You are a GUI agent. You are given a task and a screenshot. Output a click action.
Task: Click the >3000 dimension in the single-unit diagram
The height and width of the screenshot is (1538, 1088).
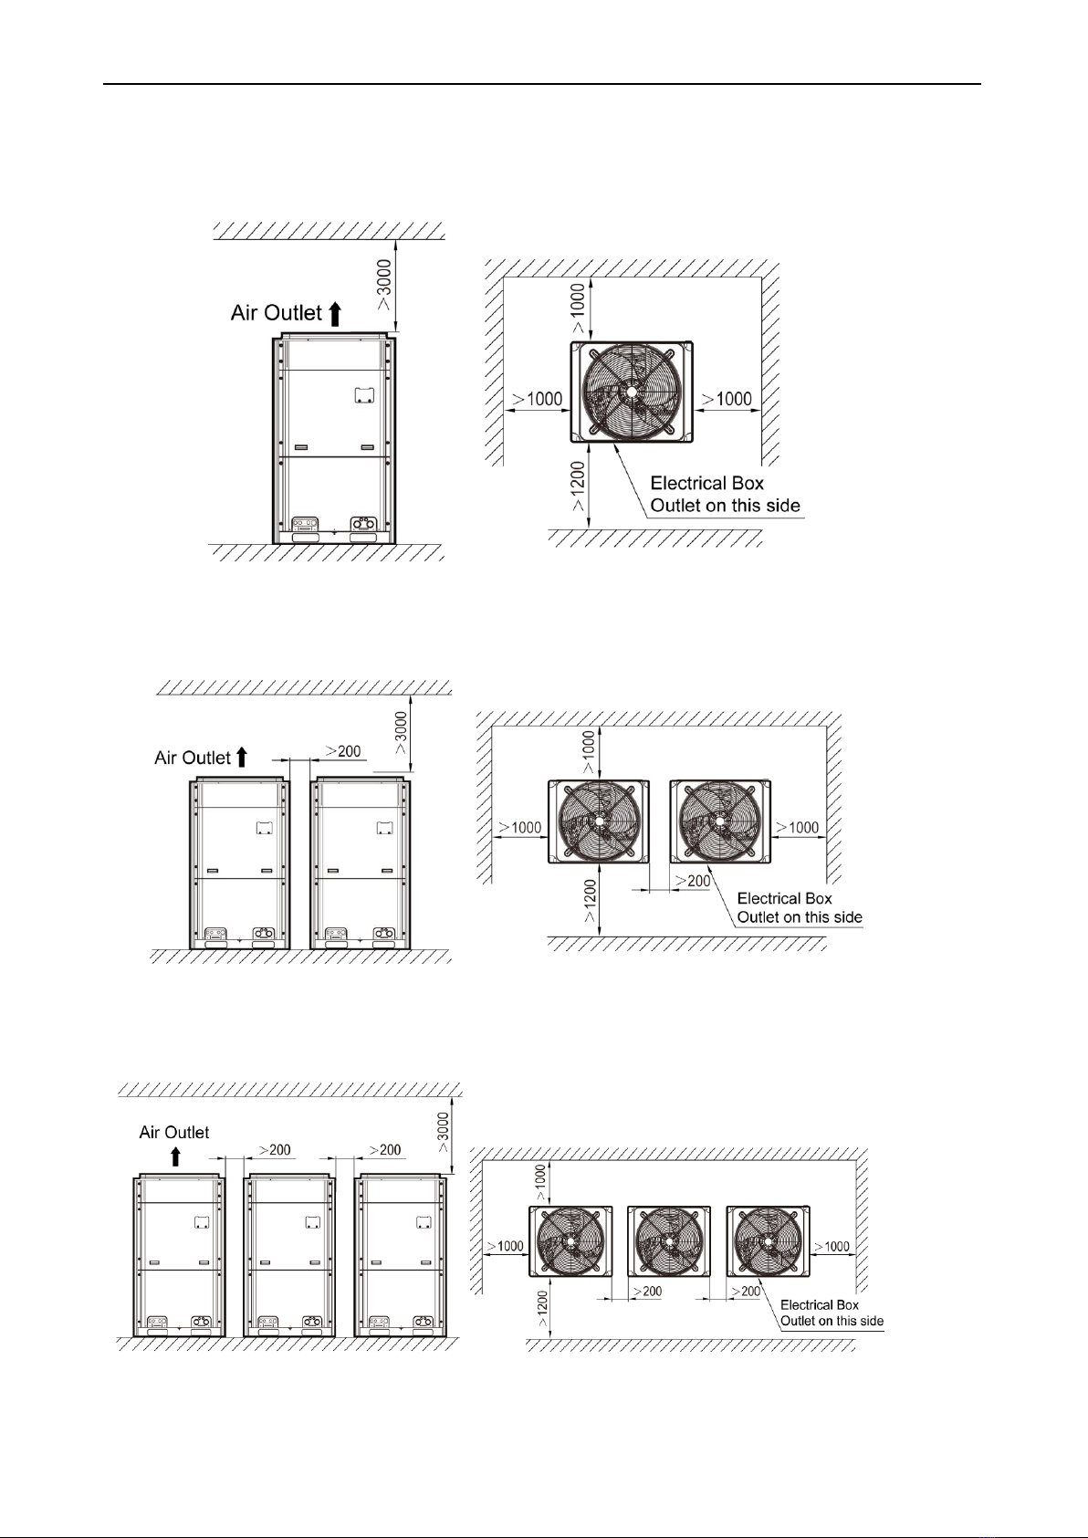[x=384, y=285]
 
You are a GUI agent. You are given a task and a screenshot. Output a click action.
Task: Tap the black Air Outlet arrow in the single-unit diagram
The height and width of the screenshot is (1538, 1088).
[x=335, y=314]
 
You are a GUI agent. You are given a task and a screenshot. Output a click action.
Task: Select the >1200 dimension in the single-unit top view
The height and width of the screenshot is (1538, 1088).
[x=578, y=487]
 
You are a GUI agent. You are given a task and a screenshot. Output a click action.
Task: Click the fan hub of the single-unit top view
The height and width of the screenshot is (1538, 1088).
[x=631, y=392]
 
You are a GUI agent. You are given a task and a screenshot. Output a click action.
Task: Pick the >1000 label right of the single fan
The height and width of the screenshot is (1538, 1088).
[x=727, y=399]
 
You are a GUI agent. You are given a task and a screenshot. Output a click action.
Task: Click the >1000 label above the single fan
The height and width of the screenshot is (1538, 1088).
[x=578, y=309]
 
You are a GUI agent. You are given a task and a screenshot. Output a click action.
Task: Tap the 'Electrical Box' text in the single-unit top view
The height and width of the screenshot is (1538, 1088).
[x=707, y=484]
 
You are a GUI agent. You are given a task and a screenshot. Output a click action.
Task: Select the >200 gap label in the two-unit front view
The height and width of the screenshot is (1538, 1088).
[x=342, y=751]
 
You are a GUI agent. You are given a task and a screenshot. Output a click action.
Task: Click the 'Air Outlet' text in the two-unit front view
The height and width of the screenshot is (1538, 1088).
[x=193, y=758]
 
